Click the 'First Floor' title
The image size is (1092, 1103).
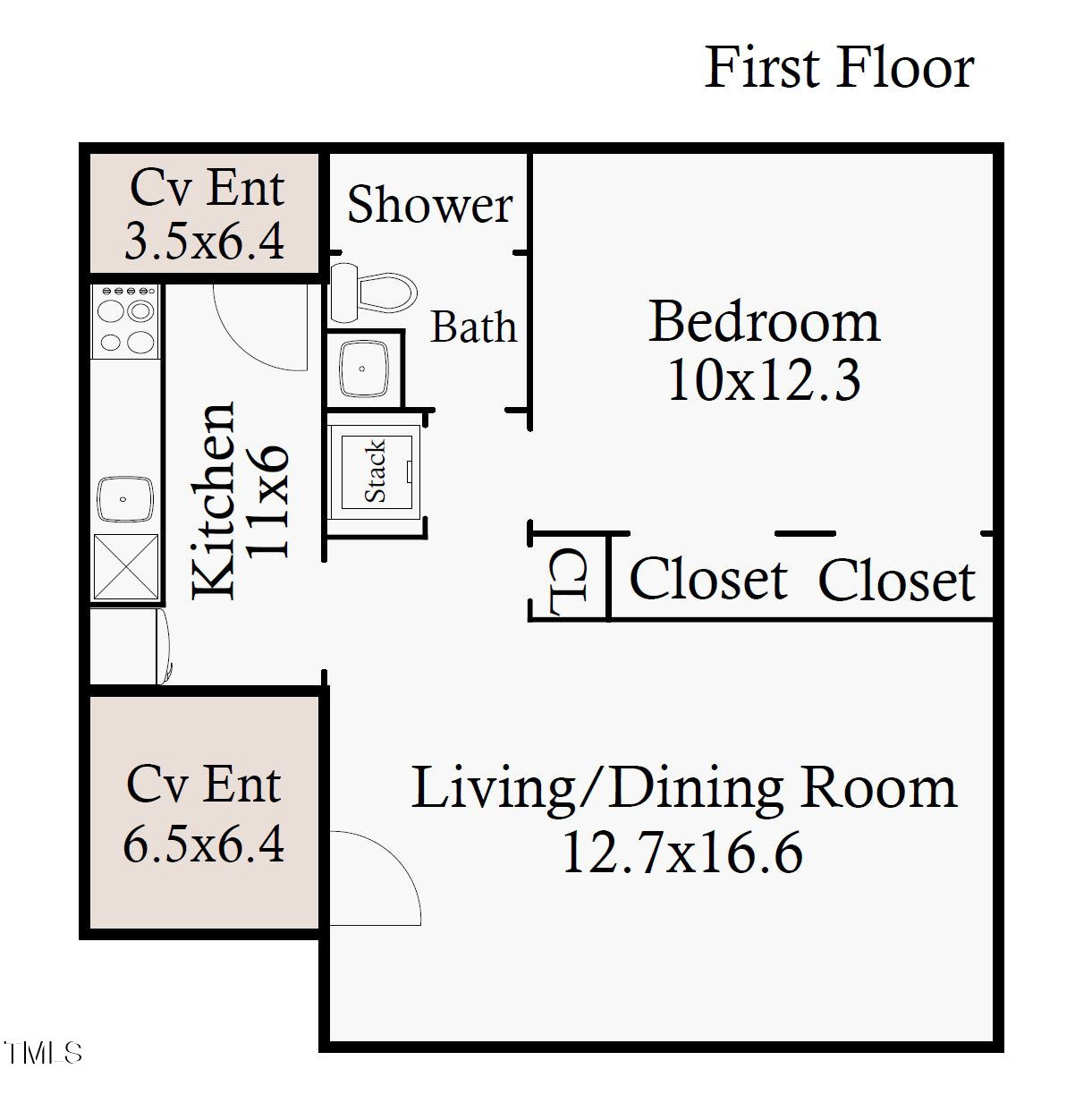click(838, 68)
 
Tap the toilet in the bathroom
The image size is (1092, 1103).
click(374, 292)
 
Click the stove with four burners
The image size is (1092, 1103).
click(126, 320)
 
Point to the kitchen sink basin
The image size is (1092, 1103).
click(125, 499)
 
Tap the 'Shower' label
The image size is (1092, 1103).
click(429, 205)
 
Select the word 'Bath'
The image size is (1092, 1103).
click(473, 327)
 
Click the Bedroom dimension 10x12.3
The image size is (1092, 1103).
click(764, 380)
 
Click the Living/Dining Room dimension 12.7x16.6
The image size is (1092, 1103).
click(681, 853)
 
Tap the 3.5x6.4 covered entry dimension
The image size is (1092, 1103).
click(204, 242)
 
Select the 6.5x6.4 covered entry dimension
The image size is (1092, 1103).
click(204, 844)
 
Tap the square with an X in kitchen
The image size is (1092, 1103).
click(126, 567)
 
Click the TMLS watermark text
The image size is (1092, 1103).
click(42, 1053)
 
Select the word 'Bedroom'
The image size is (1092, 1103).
click(764, 321)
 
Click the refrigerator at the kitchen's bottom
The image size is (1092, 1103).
click(128, 646)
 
